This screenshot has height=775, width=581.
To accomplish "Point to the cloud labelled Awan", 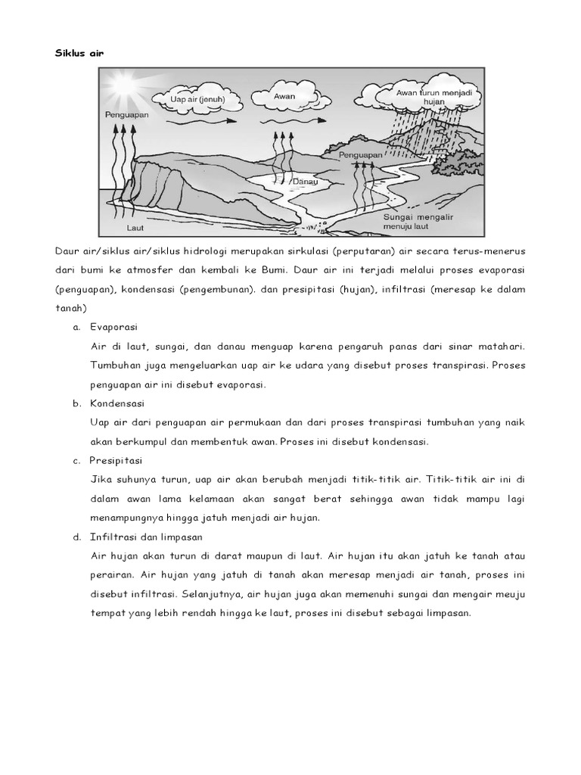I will coord(284,97).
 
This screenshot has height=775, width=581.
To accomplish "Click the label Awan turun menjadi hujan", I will coord(429,96).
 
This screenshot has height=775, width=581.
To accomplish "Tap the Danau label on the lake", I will coord(304,182).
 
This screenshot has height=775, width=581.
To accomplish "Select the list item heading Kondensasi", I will coord(117,403).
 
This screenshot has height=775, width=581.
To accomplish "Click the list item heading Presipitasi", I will coord(116,461).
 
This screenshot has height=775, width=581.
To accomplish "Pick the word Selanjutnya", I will coord(210,595).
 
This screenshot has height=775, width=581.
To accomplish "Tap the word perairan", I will coord(109,575).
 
